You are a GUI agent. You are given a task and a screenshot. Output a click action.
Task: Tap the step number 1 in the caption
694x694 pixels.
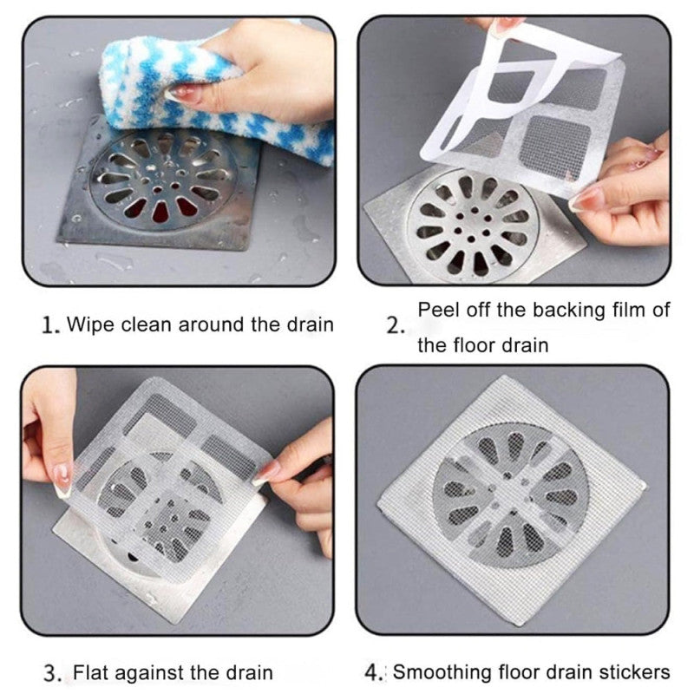click(49, 326)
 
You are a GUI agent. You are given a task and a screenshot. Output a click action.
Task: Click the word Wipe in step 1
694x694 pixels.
click(89, 325)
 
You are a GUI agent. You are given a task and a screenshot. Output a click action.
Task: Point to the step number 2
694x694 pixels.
click(396, 327)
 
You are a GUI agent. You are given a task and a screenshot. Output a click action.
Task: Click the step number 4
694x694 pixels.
click(374, 672)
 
